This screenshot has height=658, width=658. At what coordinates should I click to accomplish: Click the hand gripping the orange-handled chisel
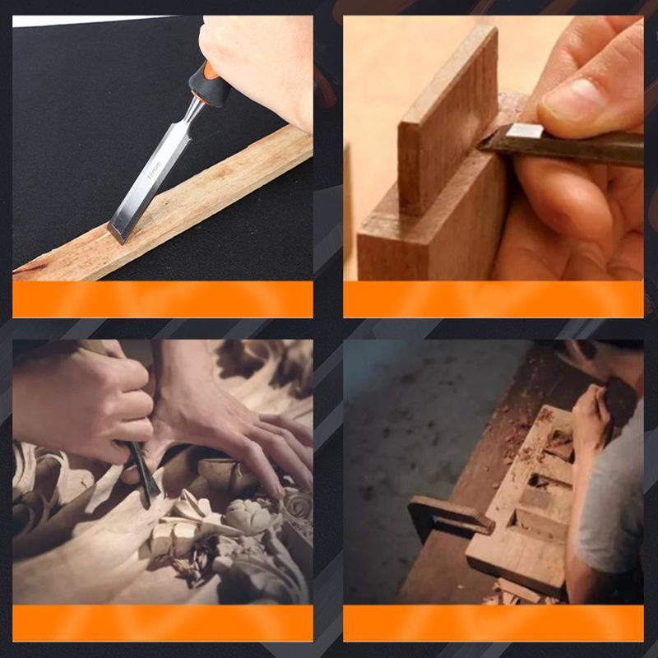[263, 58]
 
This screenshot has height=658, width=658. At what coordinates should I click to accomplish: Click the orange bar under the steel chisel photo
[163, 299]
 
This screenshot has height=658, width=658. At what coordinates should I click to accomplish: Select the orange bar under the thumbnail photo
[493, 299]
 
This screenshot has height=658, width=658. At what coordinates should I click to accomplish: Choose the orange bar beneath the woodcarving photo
[163, 623]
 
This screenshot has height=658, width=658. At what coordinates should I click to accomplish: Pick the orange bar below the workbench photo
[493, 623]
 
